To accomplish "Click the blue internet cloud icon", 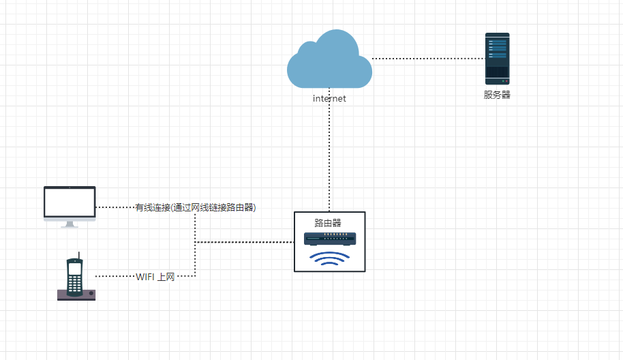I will click(x=329, y=61).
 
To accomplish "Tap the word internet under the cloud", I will click(x=329, y=99).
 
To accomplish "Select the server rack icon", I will click(x=497, y=58).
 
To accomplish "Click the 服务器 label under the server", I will click(x=497, y=95).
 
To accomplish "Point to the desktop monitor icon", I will click(x=70, y=202).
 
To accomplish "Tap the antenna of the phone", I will click(x=80, y=256).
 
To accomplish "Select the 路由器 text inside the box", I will click(x=328, y=223).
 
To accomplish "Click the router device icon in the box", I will click(x=330, y=239).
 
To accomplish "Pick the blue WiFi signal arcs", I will click(x=330, y=258).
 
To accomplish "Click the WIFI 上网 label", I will click(x=155, y=277).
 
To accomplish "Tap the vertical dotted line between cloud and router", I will click(x=329, y=150).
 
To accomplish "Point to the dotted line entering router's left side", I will click(x=245, y=242).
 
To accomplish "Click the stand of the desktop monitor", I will click(x=70, y=224).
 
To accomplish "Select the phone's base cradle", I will click(x=76, y=295).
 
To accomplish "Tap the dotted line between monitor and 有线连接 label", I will click(x=115, y=207).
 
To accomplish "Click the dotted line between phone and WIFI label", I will click(x=115, y=276).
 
